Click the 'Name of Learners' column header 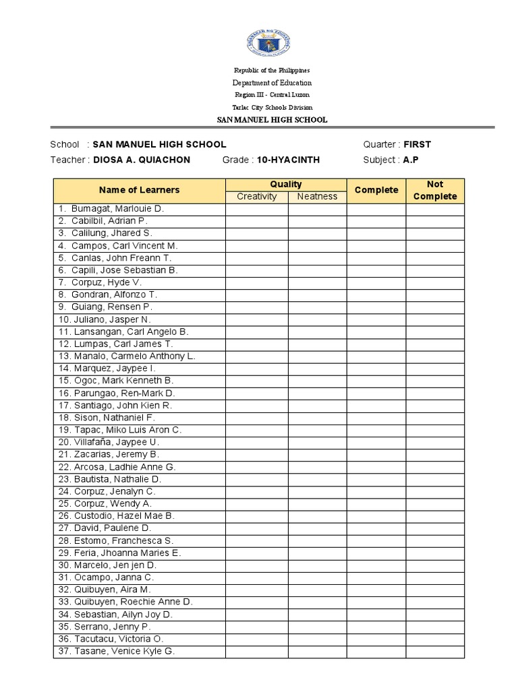tap(139, 190)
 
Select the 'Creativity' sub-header tap(256, 197)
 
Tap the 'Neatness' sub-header tap(317, 197)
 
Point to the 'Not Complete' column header tap(434, 190)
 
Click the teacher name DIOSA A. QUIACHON tap(142, 160)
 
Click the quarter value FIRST tap(417, 144)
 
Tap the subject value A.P tap(410, 160)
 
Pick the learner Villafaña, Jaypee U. tap(115, 442)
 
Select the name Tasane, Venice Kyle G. tap(122, 651)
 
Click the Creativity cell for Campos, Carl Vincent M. tap(256, 246)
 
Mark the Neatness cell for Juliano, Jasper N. tap(317, 319)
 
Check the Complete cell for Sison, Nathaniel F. tap(376, 418)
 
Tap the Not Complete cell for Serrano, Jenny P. tap(434, 627)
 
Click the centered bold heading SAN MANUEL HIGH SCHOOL tap(272, 120)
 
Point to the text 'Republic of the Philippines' tap(272, 71)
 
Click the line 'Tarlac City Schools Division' tap(272, 107)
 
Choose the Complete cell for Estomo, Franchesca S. tap(376, 540)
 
